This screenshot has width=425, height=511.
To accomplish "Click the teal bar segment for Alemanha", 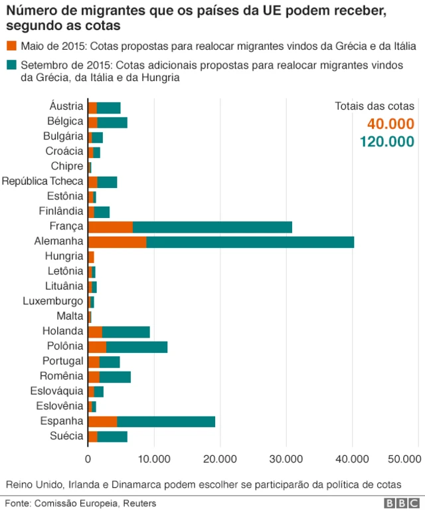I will coord(250,241).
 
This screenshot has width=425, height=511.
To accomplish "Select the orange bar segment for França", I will coord(110,227).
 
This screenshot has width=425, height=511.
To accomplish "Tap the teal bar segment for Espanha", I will coord(166,421).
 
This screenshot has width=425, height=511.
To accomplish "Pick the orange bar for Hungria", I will coord(91,256).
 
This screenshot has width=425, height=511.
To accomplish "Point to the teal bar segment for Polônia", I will coord(137,346).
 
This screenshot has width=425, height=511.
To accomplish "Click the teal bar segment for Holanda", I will coord(126,331).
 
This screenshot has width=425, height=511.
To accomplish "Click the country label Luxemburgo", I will coord(52,301).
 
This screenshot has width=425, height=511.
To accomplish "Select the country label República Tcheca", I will coord(42,181).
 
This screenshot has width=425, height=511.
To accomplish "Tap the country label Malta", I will coord(71,316).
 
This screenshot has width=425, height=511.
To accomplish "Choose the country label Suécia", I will coord(68,436).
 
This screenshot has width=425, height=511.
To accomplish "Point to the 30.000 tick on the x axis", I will coord(286,459).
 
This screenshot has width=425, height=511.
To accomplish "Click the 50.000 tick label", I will coord(404,459).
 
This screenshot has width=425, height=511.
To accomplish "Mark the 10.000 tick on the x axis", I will coord(154,459).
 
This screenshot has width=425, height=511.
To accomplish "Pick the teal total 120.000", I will coord(387,141).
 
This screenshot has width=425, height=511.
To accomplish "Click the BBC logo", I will coord(400,503).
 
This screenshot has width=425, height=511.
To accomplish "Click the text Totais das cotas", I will coord(375,106).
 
